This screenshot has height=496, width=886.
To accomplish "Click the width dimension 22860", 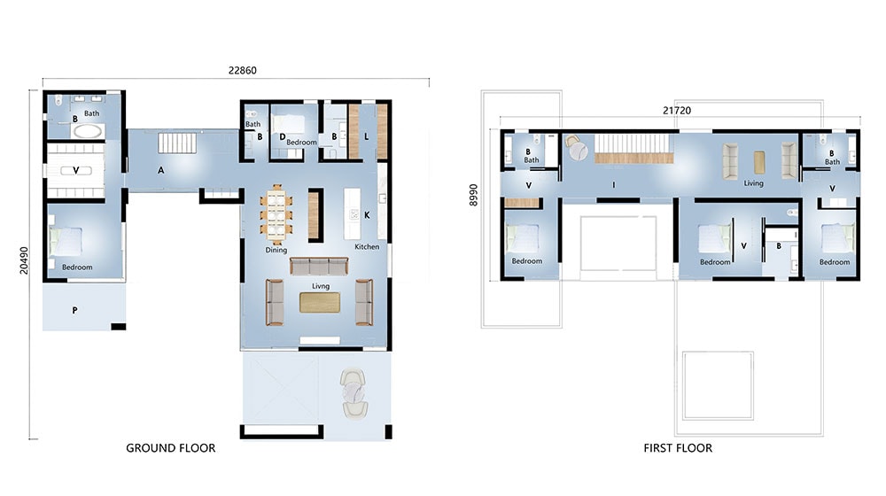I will [x=241, y=70].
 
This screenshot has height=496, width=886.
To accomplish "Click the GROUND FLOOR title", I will [x=170, y=448].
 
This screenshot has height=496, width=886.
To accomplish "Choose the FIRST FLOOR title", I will [x=677, y=448].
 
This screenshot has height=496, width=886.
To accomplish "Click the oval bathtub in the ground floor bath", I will [x=87, y=131].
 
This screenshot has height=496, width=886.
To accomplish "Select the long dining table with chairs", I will [x=276, y=214].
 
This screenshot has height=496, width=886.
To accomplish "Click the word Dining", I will [x=276, y=251].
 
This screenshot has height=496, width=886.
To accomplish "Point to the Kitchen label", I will [x=367, y=247].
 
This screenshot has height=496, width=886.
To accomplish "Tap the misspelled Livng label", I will [x=320, y=286].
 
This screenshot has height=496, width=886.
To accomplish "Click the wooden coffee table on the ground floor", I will [x=319, y=302].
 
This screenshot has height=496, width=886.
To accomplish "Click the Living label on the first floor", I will [x=753, y=183].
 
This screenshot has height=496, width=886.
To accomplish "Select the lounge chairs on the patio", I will [x=354, y=391].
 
